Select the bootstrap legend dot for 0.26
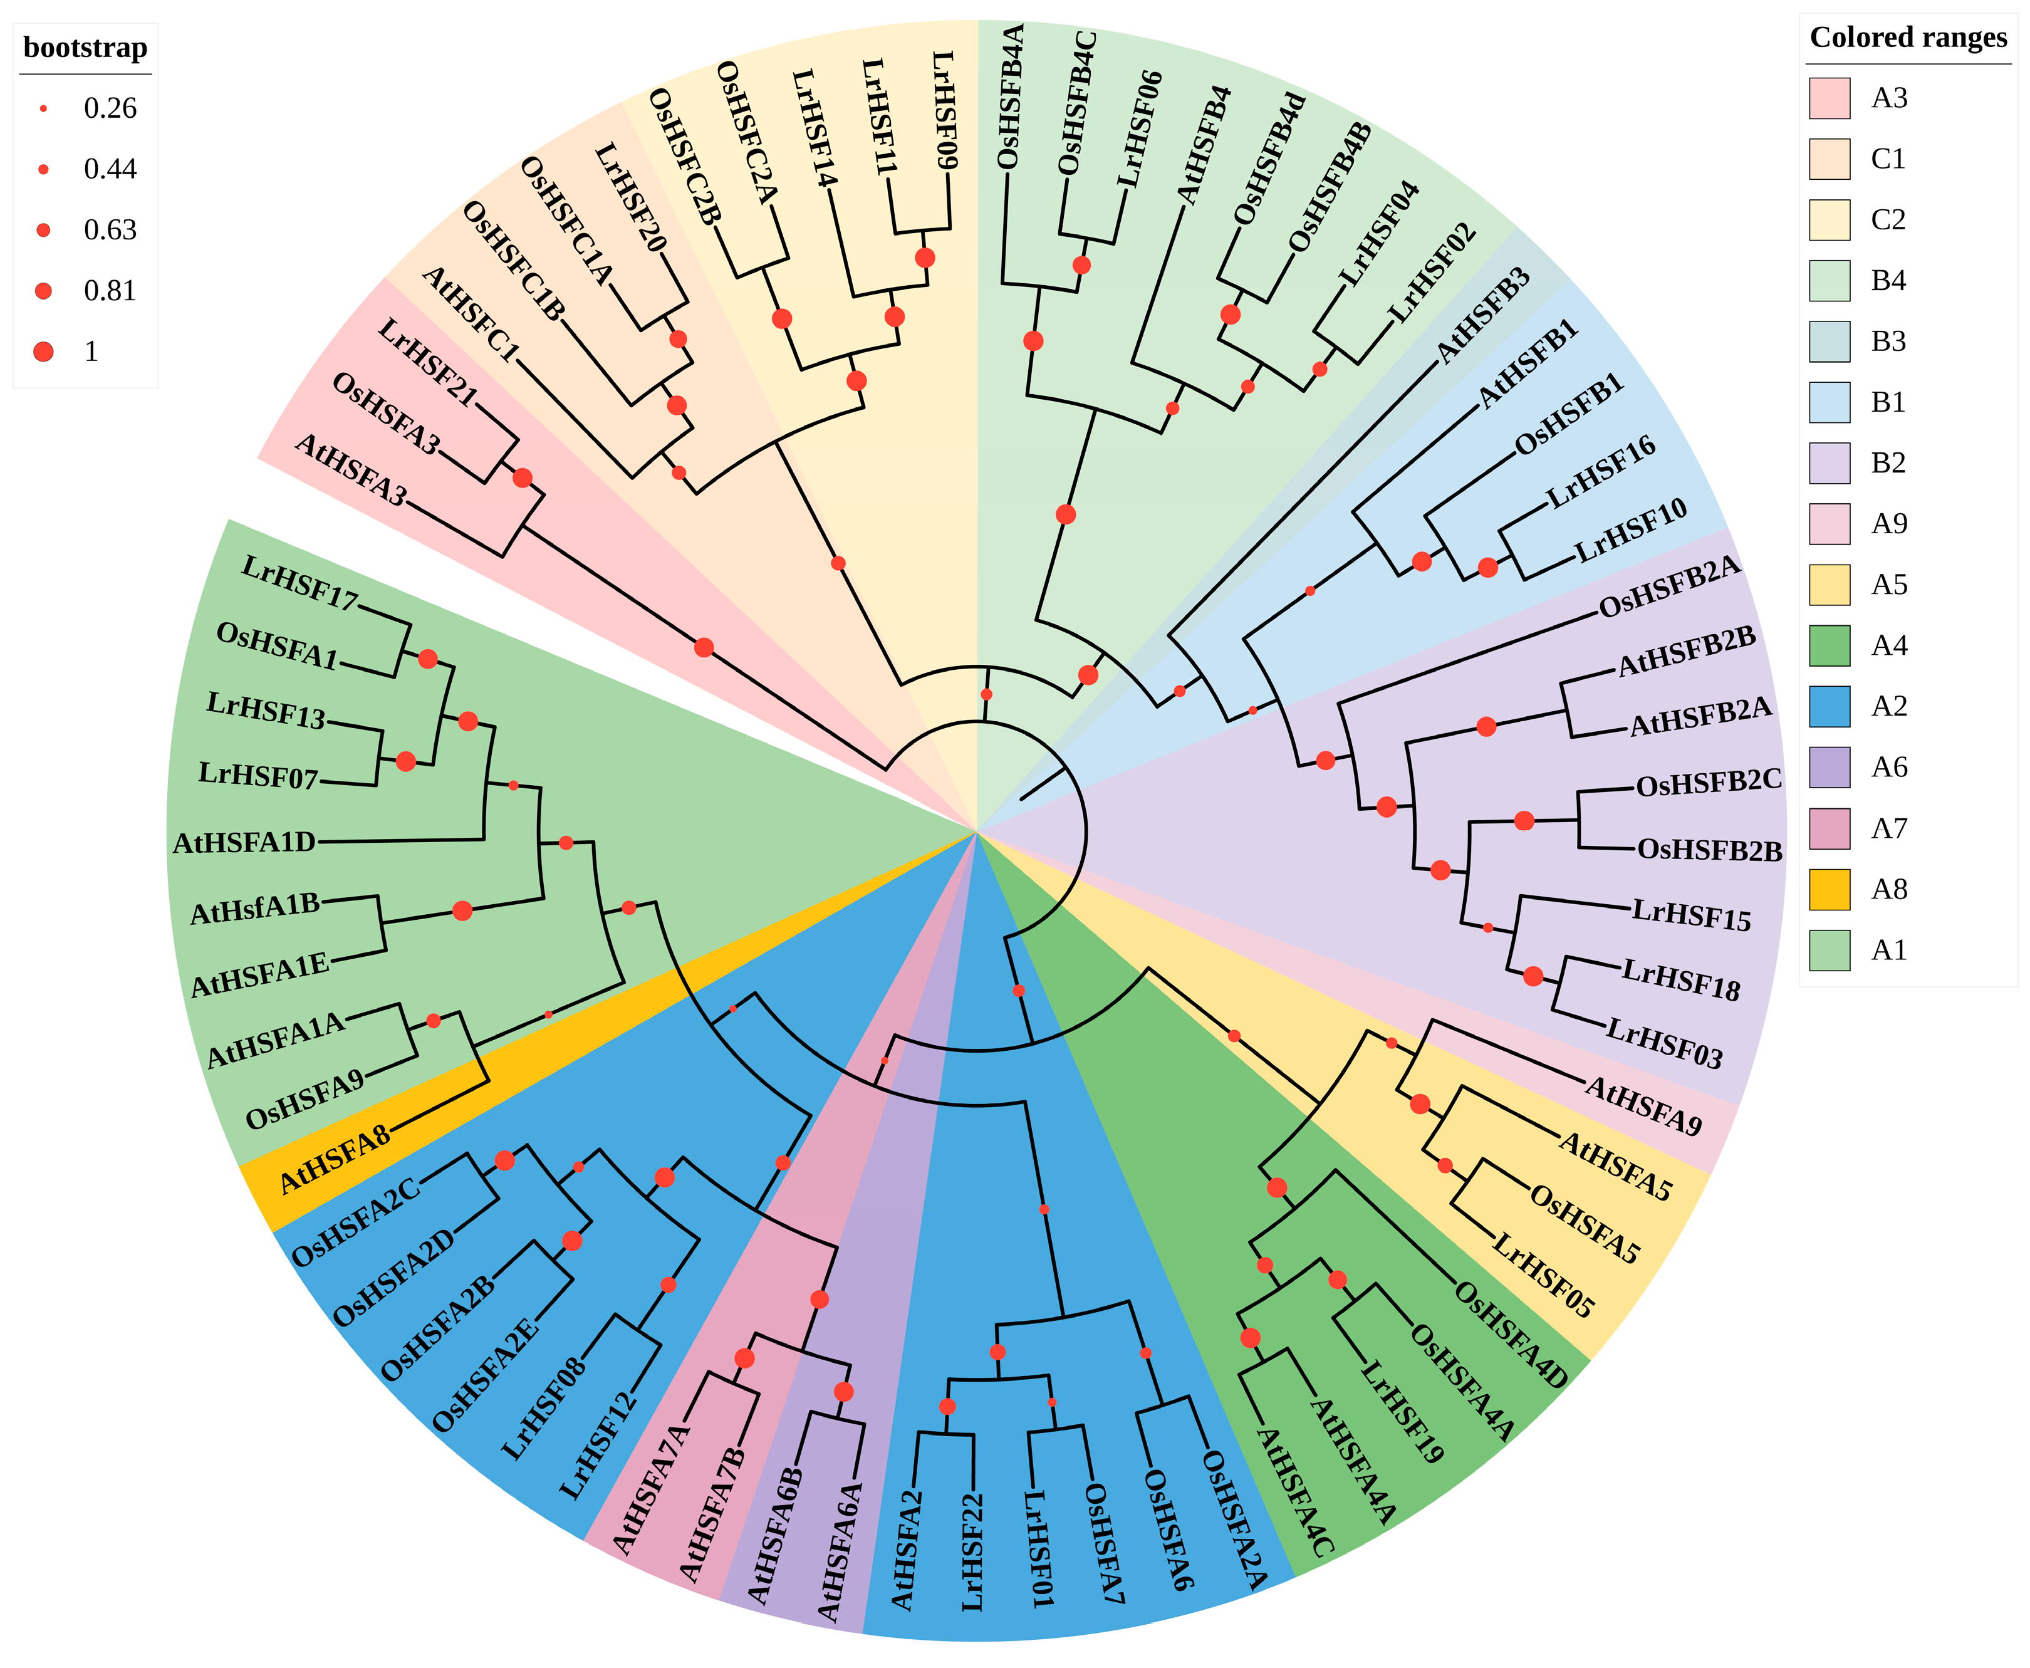43,108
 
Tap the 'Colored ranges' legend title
1907,38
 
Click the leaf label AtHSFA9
1643,1105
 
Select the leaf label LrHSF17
299,582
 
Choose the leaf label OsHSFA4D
1511,1333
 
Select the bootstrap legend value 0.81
110,290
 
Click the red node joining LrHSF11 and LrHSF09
924,258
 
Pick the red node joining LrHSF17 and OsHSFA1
427,659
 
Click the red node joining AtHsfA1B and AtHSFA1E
462,910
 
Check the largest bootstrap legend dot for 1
43,352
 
